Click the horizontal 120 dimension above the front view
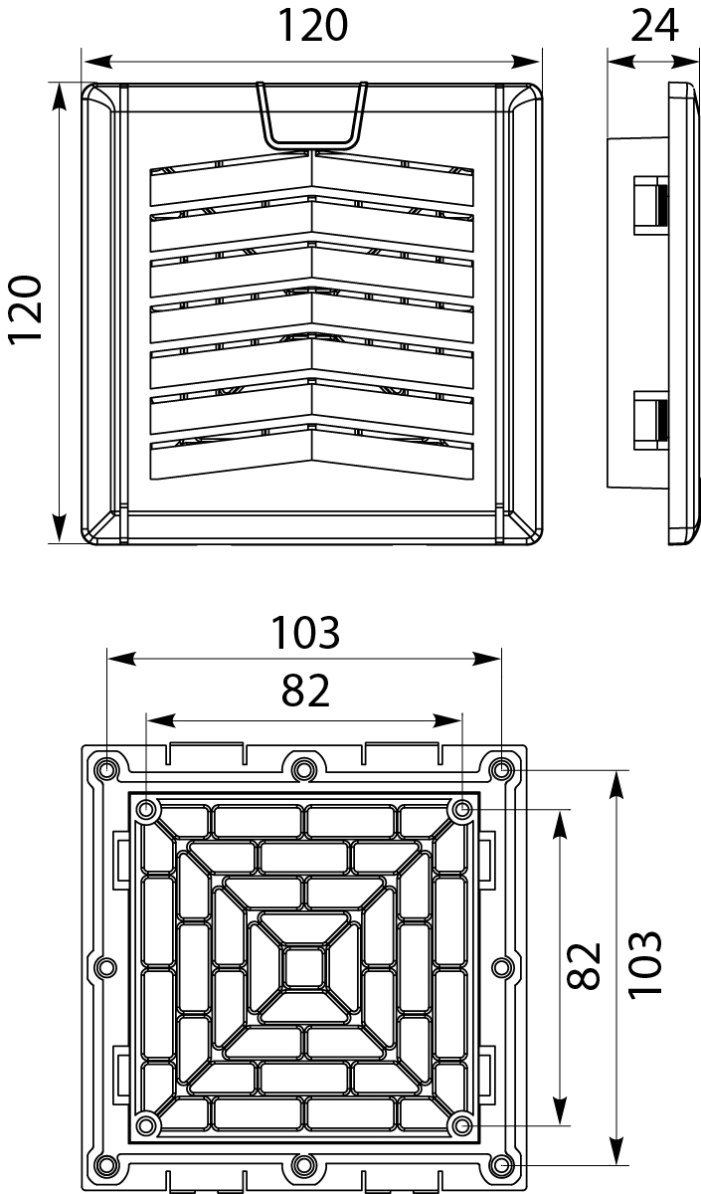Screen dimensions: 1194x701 point(312,26)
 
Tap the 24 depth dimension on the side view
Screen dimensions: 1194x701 point(654,25)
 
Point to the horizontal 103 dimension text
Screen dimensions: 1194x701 point(306,632)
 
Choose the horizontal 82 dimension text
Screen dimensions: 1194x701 point(305,690)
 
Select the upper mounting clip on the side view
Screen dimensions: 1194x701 point(650,203)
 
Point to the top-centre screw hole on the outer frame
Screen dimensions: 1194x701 point(303,767)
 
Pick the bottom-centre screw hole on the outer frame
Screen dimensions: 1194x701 point(303,1164)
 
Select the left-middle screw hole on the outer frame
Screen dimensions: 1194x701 point(106,966)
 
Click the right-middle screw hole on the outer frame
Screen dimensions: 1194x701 point(501,966)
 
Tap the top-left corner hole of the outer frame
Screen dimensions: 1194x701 point(106,769)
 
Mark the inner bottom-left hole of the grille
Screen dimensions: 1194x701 point(147,1124)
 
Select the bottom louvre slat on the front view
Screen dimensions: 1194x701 point(312,453)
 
